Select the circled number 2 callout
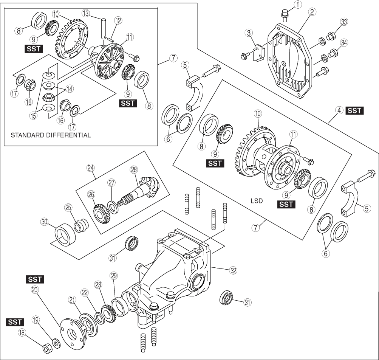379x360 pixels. coord(312,12)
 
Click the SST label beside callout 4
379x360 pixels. coord(354,110)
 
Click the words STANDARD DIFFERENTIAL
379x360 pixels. coord(51,135)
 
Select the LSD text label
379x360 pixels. coord(256,201)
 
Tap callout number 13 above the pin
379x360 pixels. coord(86,13)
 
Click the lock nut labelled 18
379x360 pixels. coord(46,348)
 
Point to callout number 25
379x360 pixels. coord(68,208)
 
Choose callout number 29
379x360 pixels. coord(113,276)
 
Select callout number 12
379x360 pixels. coord(118,19)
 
